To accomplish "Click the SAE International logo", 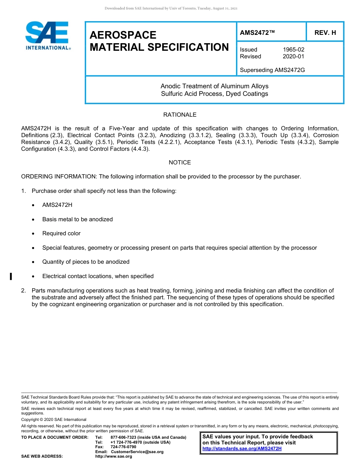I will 47,35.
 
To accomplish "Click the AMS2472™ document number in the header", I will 257,33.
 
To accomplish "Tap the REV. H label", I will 325,33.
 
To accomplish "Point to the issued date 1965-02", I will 293,50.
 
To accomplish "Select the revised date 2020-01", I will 293,56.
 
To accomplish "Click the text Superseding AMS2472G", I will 272,70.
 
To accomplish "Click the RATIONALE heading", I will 180,115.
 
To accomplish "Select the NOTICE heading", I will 180,163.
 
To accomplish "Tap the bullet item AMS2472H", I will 57,205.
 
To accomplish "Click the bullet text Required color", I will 61,233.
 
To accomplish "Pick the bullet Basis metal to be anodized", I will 77,219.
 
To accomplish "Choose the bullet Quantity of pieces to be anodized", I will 86,262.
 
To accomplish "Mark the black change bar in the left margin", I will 11,276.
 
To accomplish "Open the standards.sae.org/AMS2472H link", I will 242,449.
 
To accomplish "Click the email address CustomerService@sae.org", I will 137,452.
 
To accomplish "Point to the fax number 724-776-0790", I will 123,447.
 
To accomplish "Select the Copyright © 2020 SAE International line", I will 54,419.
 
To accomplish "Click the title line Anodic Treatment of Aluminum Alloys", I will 214,86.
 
